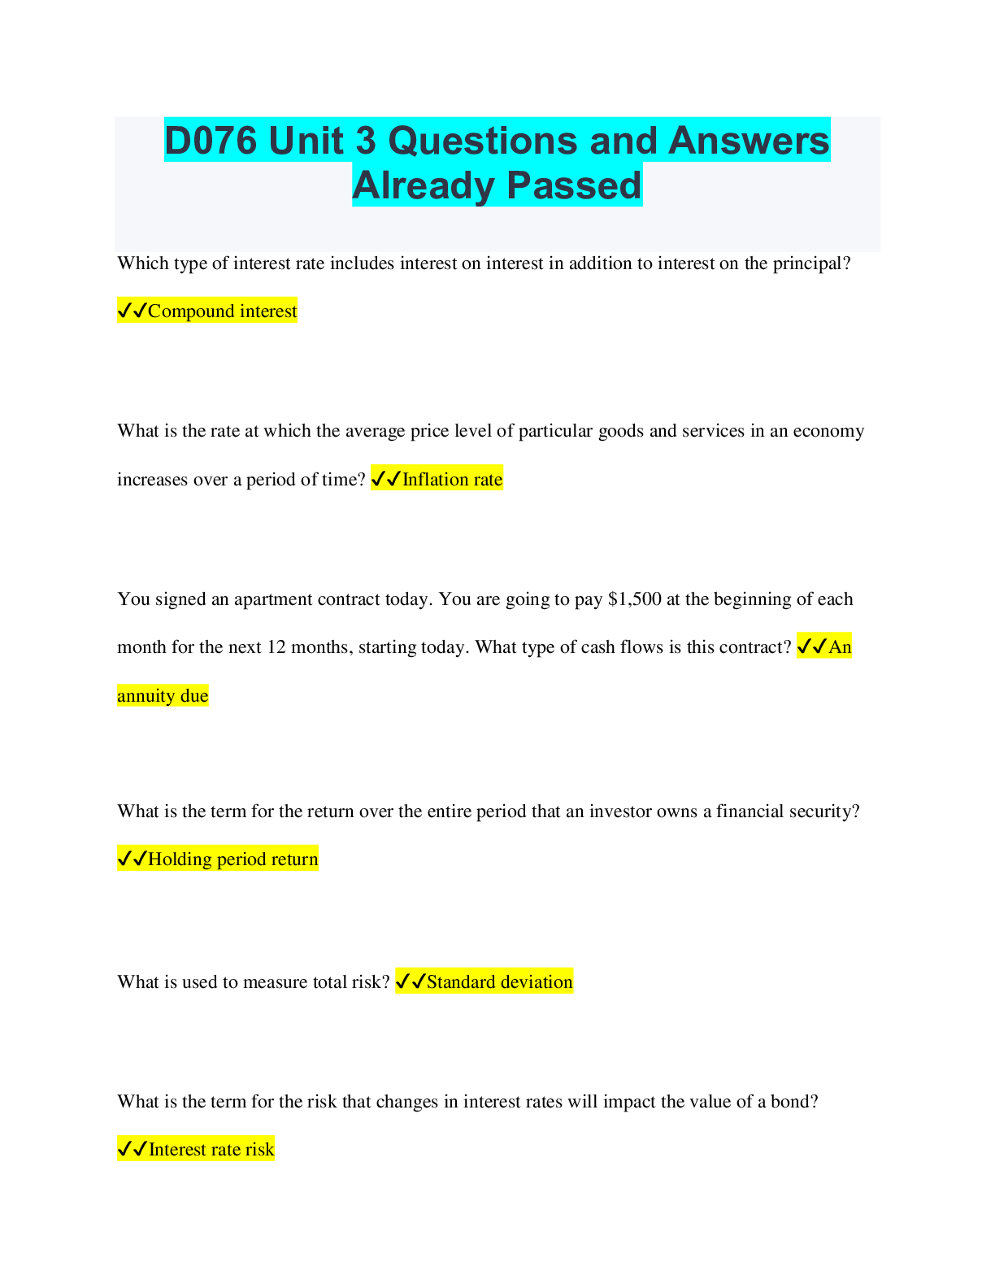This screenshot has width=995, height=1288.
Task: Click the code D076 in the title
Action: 211,141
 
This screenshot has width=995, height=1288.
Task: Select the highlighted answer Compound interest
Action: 222,311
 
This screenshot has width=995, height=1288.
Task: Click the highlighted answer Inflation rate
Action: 452,480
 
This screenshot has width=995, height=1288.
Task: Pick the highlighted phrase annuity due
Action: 163,696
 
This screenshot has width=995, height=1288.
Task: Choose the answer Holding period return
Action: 232,859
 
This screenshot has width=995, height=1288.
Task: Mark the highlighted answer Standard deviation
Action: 499,982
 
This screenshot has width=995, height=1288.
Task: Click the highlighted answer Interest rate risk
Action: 211,1150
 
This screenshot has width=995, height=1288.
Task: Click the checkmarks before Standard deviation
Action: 411,982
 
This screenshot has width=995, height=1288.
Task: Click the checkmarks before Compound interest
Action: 132,311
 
